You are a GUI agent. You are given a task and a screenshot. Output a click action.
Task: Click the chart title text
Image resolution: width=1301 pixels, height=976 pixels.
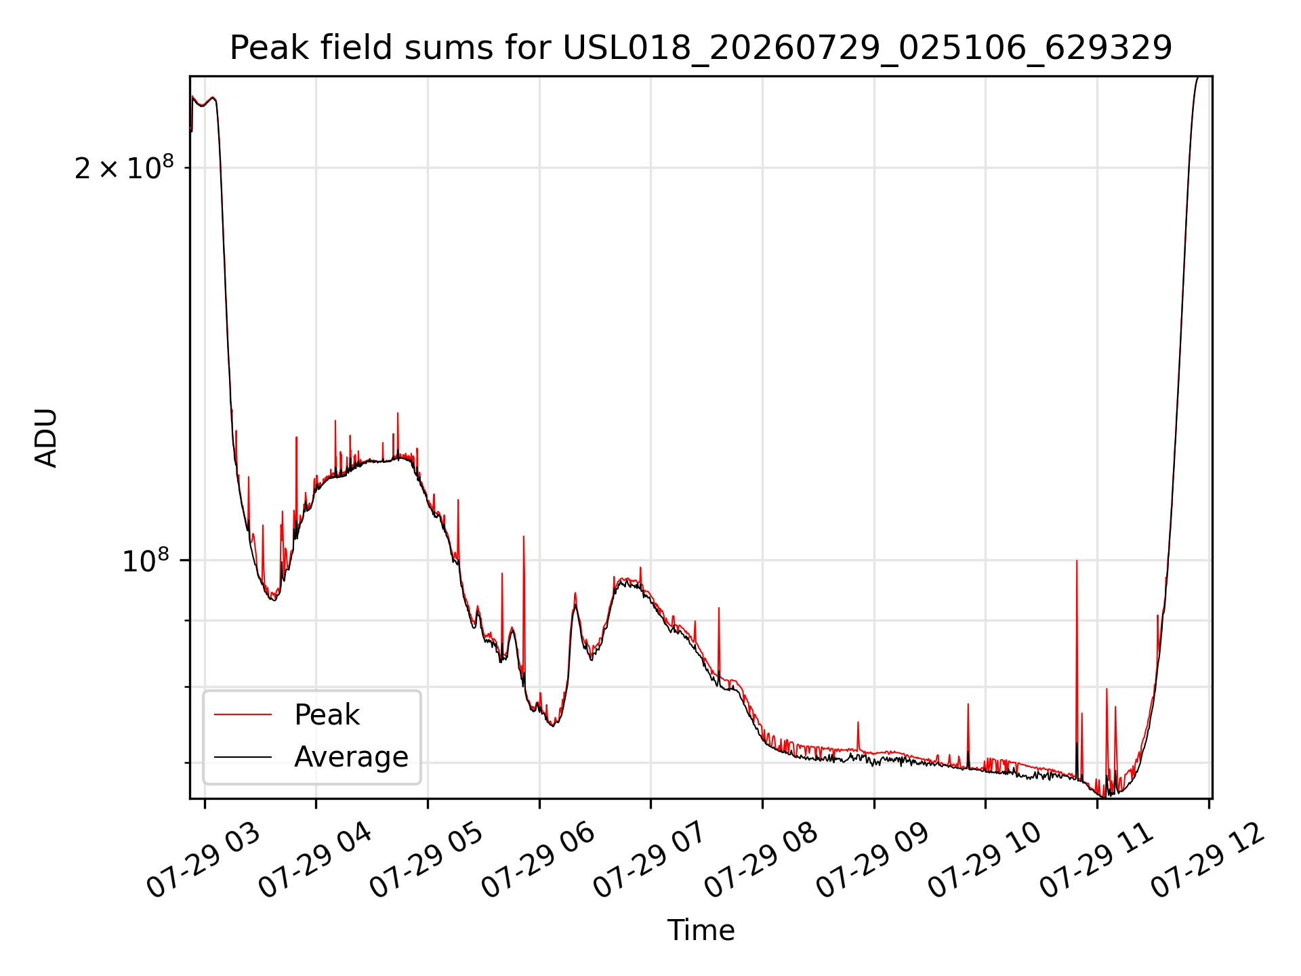701,48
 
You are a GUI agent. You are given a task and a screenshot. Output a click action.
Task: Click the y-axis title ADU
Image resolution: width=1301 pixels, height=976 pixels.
46,438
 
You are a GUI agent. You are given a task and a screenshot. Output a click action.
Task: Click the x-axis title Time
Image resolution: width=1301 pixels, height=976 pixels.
701,931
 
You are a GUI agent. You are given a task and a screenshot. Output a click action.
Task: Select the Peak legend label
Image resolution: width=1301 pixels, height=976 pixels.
327,715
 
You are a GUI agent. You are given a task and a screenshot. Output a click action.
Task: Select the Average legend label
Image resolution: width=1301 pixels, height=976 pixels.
351,757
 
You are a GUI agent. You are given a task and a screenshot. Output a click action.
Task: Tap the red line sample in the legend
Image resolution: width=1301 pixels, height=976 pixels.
243,714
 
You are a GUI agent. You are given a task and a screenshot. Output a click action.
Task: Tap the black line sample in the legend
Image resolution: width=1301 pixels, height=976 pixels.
243,757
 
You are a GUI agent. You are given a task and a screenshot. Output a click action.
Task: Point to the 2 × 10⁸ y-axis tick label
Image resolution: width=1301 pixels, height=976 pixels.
124,167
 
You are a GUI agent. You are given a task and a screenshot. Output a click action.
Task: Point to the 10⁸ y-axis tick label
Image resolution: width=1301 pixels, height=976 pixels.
146,561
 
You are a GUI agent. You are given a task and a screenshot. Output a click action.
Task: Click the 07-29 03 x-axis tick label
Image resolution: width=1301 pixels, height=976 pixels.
203,862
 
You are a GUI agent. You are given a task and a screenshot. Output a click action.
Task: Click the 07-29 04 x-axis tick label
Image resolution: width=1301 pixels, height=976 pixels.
315,862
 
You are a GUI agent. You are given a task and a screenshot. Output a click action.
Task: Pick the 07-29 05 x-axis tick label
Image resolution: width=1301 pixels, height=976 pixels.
426,862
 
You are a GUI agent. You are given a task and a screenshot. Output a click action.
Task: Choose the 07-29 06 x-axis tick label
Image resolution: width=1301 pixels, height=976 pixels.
538,862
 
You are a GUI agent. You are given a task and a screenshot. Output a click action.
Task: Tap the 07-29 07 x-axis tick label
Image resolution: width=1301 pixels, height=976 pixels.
650,862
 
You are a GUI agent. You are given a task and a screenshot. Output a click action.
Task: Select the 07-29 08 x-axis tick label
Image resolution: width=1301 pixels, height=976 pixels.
761,862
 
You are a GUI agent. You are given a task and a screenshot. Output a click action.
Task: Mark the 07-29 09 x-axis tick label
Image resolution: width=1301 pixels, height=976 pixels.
873,862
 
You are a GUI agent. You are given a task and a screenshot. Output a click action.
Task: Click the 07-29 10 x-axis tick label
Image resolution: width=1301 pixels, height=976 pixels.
985,862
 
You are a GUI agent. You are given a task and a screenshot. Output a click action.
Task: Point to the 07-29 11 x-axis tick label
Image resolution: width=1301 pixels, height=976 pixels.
1096,862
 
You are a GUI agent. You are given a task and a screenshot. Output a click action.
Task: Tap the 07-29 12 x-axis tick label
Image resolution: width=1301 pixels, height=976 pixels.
1208,862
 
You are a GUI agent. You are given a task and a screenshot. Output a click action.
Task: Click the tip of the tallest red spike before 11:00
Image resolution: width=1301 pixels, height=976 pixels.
1077,561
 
